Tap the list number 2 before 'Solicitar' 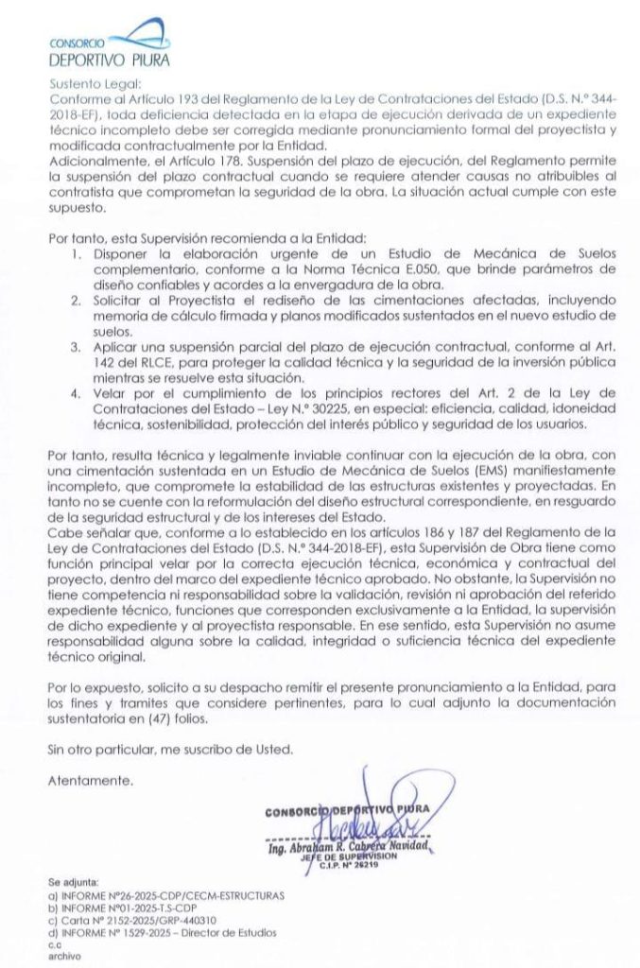77,300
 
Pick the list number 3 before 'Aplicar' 77,348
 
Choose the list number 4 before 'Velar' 77,392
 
